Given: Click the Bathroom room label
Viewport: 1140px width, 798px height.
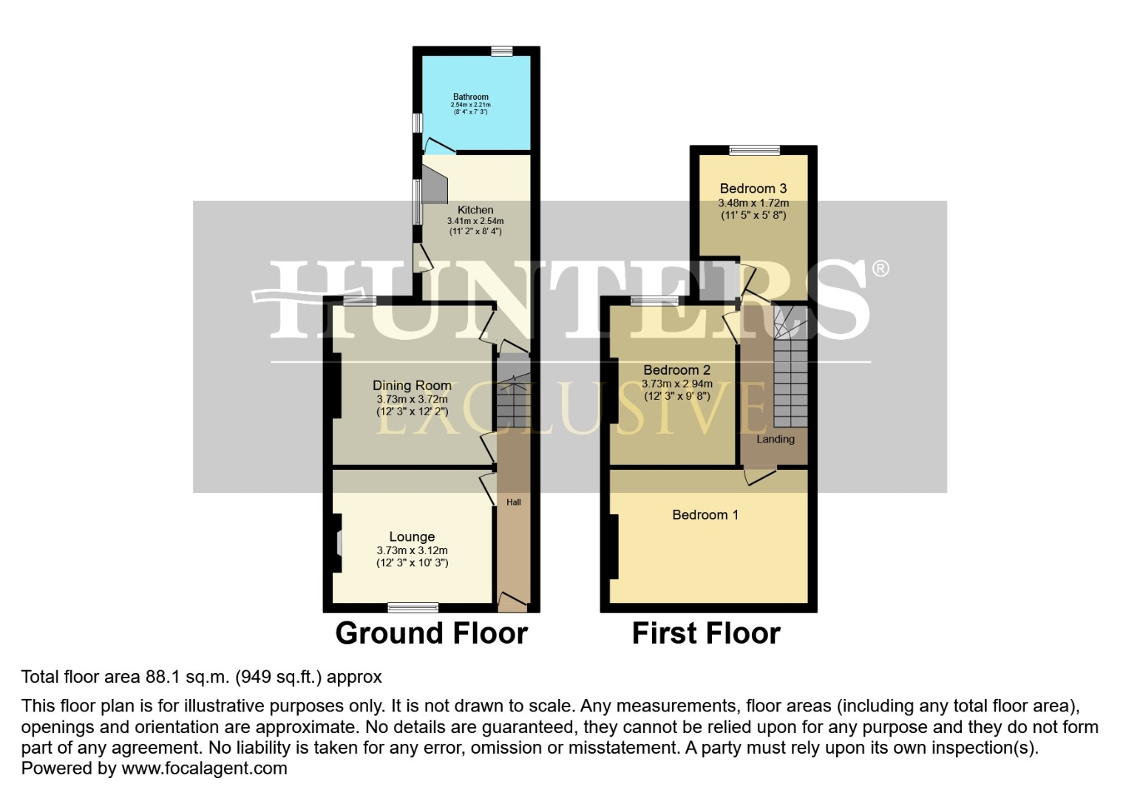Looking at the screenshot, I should point(470,97).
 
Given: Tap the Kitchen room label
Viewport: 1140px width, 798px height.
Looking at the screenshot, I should point(475,210).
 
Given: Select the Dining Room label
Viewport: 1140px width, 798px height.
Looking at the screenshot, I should point(412,385).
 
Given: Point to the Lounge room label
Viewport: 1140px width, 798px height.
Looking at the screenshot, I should point(412,537).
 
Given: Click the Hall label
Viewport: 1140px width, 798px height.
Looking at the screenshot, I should point(513,502).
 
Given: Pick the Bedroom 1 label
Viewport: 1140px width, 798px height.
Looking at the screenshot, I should point(705,515).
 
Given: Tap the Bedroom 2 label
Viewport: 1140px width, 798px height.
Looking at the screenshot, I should point(676,370).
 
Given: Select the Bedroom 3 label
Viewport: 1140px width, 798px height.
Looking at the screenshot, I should point(753,188).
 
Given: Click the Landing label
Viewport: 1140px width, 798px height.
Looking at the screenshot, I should point(775,439).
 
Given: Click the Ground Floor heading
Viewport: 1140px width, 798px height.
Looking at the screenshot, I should point(431,633).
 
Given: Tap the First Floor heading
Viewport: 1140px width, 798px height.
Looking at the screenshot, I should point(706,633).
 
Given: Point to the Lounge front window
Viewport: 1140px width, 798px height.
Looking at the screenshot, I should point(413,607).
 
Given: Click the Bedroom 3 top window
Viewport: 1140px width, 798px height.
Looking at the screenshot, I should point(754,151).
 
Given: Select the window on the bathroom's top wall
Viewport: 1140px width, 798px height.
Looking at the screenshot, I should point(501,51).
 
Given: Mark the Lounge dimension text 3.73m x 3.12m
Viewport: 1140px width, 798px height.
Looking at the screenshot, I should point(412,550).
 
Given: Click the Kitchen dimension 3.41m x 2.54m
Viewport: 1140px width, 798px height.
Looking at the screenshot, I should point(475,221).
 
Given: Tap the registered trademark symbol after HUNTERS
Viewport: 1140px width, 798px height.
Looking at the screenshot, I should point(880,269).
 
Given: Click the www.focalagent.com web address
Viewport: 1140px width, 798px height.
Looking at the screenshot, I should point(204,768).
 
